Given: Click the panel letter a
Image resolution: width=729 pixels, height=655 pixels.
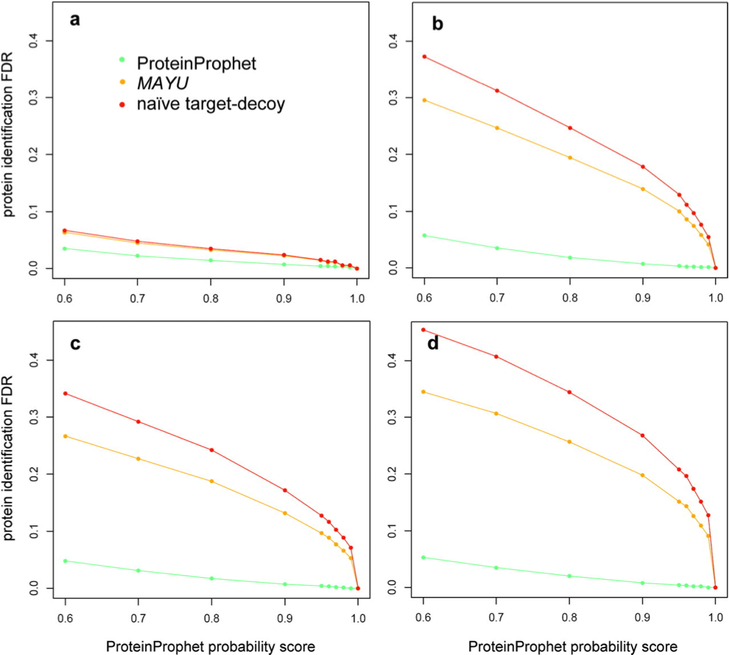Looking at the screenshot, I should (x=74, y=20).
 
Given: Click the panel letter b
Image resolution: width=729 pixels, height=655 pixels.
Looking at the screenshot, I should (x=437, y=24).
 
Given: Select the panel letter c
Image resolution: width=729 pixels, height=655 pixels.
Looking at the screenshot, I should (x=74, y=344).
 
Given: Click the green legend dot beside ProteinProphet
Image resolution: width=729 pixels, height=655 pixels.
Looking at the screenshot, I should (x=122, y=60).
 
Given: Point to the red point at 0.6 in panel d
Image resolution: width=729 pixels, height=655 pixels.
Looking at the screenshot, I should (x=423, y=329).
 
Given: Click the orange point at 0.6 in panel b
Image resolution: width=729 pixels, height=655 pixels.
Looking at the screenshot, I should (x=423, y=100).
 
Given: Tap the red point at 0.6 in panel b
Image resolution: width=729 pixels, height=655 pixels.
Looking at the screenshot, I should (x=423, y=57).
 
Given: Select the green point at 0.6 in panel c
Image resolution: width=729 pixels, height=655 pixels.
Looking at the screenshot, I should (x=65, y=561).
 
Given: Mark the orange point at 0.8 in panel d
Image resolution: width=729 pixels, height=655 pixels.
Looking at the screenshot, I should (x=569, y=441).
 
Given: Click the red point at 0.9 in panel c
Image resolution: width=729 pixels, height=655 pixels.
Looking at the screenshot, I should (x=284, y=491).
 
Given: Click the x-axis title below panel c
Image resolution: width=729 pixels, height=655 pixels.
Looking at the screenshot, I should (x=211, y=645).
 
